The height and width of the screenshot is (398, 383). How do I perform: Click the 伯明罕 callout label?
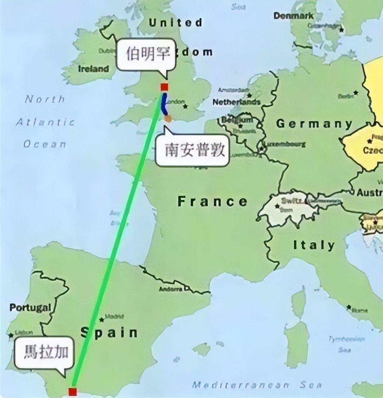[147, 55]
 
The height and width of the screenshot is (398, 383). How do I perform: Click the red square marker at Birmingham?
[164, 87]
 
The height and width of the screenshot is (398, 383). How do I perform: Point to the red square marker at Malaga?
[73, 391]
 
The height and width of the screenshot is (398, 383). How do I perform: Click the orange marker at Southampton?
[168, 118]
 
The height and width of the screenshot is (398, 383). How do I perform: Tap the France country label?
[212, 202]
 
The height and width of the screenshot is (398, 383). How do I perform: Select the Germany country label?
[314, 124]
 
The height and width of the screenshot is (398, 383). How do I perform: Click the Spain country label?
[109, 332]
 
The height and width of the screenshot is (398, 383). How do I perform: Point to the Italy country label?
[314, 245]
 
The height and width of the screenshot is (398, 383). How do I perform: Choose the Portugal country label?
[30, 307]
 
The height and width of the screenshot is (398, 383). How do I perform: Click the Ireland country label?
[94, 69]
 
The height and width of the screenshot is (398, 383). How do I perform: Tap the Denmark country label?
[294, 16]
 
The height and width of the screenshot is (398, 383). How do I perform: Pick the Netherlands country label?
[236, 102]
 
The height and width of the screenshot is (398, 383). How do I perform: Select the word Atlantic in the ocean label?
[45, 122]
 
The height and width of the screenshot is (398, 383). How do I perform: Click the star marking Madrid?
[102, 319]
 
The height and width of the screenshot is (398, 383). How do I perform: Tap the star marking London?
[185, 107]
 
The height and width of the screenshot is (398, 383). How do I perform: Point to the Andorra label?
[171, 289]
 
